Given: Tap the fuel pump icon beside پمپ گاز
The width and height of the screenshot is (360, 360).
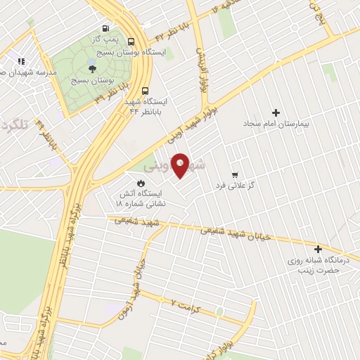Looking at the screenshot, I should point(105,29).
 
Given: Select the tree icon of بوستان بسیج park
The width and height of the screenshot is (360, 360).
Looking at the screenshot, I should point(91,68).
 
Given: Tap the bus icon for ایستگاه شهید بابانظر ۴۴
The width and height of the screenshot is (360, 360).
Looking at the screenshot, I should point(146,91).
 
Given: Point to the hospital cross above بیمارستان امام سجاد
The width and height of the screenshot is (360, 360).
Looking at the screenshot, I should point(276,112).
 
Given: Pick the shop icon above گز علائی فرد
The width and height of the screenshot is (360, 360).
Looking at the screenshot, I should point(235,175).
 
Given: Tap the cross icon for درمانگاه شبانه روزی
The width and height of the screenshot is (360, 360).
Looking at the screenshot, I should point(318,248).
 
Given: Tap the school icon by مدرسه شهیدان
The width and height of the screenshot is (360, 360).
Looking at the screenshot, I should point(21,60).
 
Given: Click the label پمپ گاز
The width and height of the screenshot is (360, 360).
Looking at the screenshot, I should point(105,40).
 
